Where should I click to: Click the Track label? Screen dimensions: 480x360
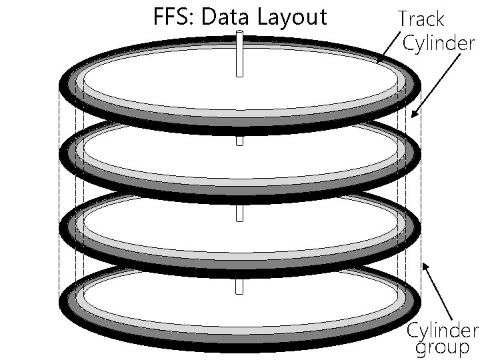tap(421, 19)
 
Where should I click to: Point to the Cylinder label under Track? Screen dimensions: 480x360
tap(439, 43)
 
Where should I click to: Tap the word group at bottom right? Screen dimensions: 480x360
tap(442, 347)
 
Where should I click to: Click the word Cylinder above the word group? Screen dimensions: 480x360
tap(443, 330)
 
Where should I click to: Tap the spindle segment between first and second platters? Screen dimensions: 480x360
tap(240, 141)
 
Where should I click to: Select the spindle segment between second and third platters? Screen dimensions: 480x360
tap(240, 213)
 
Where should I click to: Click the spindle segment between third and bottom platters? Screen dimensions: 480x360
tap(240, 286)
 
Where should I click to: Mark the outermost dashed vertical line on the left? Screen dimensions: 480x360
tap(59, 200)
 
